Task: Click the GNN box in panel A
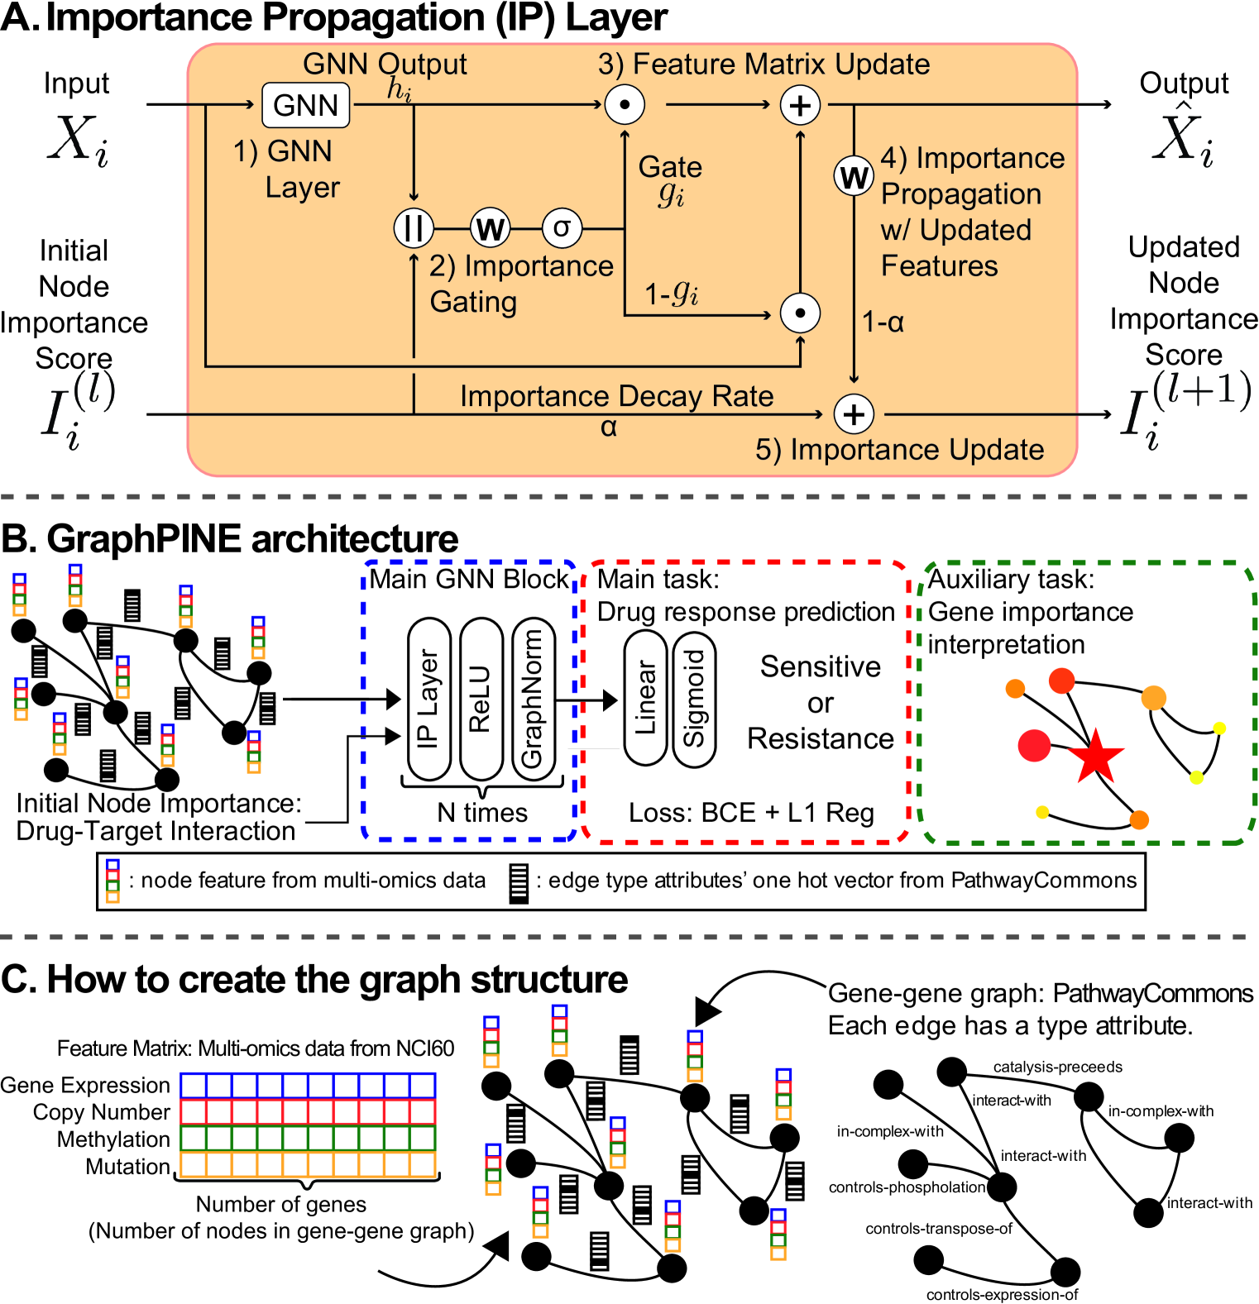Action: click(305, 105)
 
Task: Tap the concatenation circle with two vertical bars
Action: click(414, 228)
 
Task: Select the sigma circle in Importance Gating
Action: click(562, 228)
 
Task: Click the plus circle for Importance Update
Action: click(854, 414)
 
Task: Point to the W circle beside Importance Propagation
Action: click(854, 176)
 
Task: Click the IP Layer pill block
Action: click(428, 700)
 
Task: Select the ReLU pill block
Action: click(481, 700)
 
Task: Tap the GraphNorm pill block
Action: click(533, 700)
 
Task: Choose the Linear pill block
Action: click(645, 699)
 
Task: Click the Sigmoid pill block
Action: click(694, 699)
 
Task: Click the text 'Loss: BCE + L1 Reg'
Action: click(751, 813)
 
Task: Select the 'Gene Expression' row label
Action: click(85, 1085)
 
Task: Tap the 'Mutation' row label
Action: click(127, 1167)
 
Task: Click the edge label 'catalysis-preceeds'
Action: click(1057, 1067)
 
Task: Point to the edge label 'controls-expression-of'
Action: click(1002, 1295)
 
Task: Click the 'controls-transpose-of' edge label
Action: click(939, 1229)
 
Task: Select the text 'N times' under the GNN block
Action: click(482, 813)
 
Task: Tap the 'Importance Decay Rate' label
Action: click(616, 396)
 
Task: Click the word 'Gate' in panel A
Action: click(670, 167)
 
